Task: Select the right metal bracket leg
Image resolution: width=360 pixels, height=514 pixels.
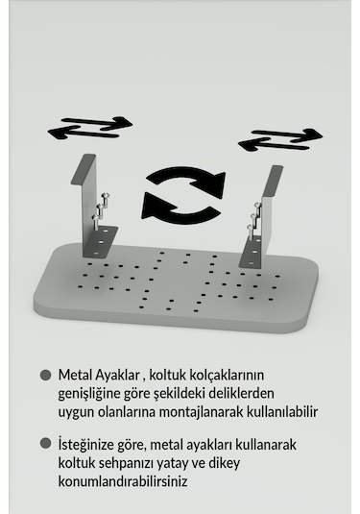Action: tap(263, 216)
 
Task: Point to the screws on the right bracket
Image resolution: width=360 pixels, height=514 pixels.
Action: tap(255, 220)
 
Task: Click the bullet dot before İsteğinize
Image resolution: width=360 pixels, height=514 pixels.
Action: tap(45, 444)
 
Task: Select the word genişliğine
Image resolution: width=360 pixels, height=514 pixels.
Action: tap(91, 394)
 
